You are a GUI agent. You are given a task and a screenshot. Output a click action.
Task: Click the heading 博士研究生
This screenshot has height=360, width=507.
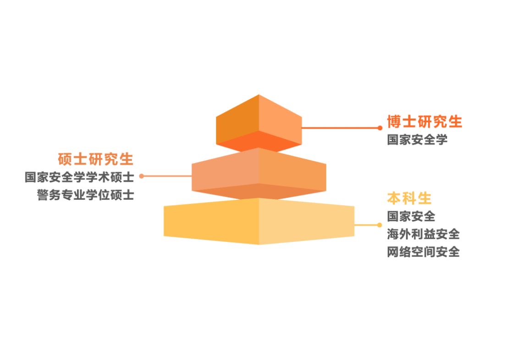(424, 122)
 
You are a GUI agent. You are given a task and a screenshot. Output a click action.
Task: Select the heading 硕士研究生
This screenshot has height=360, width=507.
(96, 159)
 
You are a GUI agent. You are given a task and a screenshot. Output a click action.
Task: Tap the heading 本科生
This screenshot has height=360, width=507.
(409, 198)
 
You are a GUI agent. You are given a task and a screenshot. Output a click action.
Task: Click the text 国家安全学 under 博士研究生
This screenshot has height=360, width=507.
(417, 140)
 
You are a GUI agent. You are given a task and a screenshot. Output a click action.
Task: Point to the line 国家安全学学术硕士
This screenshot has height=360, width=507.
(79, 177)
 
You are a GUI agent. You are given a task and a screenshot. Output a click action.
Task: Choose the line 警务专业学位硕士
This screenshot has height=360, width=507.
(86, 195)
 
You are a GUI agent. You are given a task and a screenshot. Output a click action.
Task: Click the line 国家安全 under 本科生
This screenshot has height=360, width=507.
(411, 216)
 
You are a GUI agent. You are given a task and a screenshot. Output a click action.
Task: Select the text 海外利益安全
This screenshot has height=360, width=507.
(423, 234)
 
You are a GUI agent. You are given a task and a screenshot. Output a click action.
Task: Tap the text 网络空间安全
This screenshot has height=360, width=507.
(423, 252)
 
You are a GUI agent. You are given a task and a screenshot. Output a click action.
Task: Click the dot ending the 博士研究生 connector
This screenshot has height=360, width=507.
(380, 128)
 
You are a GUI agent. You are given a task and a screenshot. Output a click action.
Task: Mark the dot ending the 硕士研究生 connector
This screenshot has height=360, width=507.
(142, 176)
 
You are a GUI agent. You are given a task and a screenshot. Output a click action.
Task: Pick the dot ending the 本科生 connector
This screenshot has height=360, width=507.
(379, 225)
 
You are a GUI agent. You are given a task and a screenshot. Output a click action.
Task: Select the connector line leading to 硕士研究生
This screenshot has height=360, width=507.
(167, 176)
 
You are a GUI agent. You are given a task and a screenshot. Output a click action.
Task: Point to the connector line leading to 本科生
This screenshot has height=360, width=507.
(366, 225)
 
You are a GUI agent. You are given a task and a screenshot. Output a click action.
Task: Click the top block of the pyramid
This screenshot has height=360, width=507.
(259, 117)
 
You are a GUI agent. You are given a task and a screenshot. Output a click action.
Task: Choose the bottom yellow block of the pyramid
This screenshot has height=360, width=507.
(211, 221)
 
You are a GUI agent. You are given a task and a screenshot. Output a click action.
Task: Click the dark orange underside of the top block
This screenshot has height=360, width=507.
(259, 142)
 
